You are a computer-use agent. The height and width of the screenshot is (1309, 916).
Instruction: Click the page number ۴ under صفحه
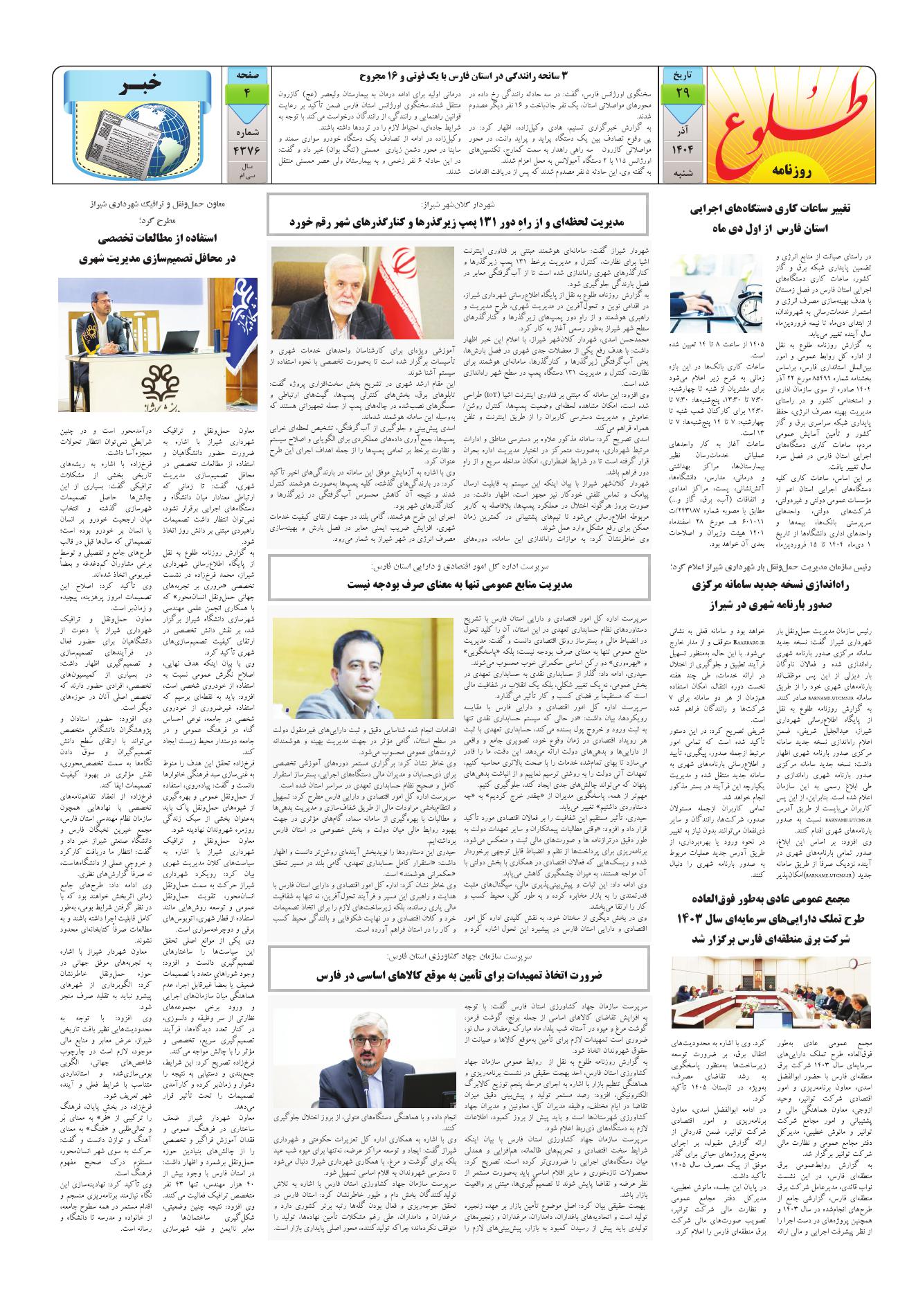[246, 92]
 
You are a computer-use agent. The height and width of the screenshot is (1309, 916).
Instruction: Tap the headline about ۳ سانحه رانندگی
[468, 74]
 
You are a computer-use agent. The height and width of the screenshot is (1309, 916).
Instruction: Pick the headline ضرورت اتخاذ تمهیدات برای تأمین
[459, 974]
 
